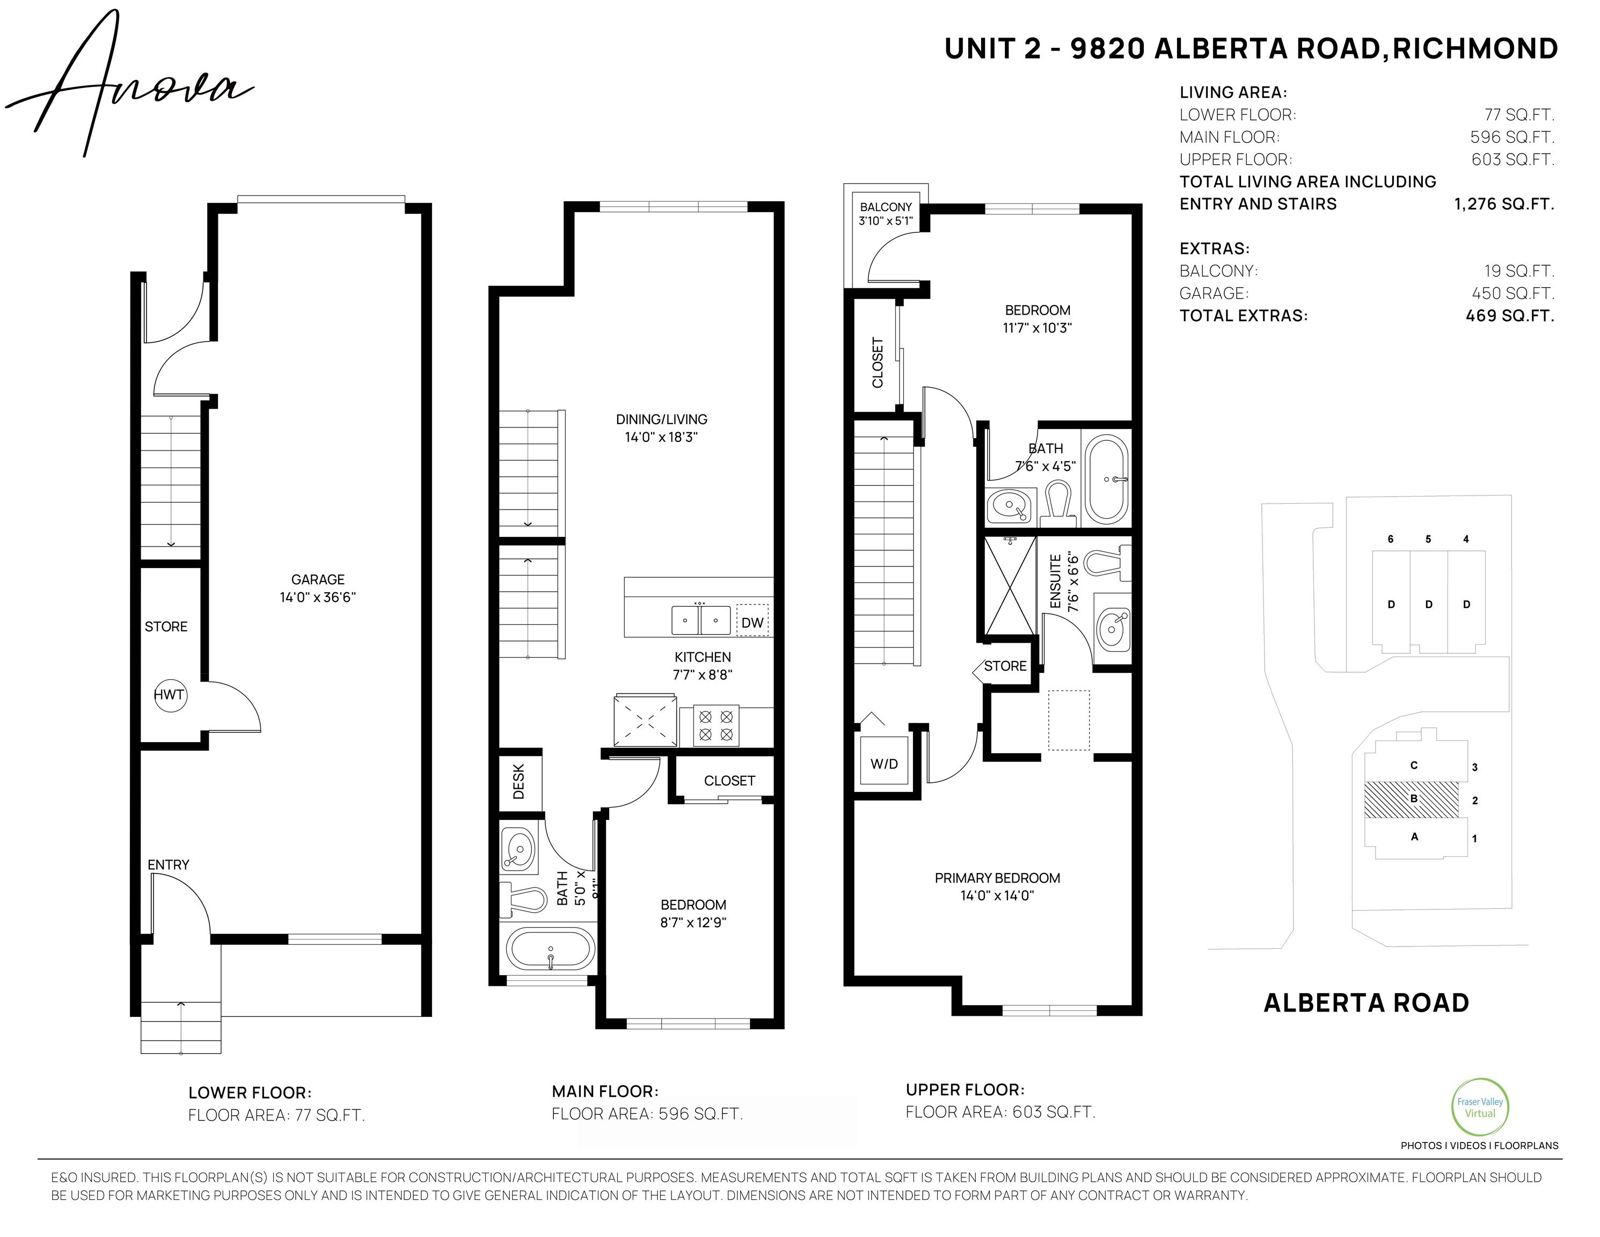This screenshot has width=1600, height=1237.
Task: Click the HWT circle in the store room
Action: (170, 695)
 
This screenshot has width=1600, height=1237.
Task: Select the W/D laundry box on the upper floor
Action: (884, 763)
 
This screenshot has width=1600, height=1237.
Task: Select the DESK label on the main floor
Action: (518, 781)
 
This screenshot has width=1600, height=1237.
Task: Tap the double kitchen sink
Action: (701, 619)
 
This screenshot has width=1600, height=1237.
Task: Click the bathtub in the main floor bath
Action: (550, 950)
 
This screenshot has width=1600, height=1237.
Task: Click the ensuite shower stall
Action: (1010, 586)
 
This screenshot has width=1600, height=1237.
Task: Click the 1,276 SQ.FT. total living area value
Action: (1504, 203)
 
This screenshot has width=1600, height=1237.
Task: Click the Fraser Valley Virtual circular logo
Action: (1480, 1107)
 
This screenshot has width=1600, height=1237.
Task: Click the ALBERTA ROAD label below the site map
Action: (1367, 1002)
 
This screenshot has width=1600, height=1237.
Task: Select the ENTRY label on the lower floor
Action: (169, 865)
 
